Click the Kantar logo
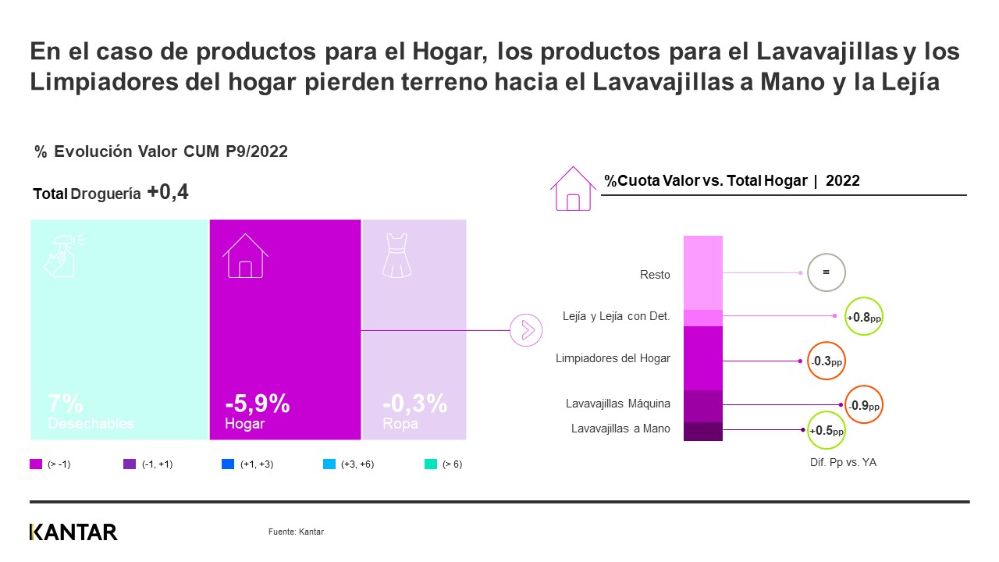tap(73, 532)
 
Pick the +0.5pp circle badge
tap(826, 430)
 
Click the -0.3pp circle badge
tap(826, 361)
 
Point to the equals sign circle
tap(826, 272)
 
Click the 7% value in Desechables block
tap(66, 404)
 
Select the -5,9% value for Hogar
tap(258, 404)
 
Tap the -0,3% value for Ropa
tap(414, 404)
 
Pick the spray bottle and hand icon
tap(62, 254)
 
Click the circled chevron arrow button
tap(525, 330)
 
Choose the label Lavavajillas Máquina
tap(617, 404)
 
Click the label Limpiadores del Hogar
tap(613, 358)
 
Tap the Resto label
tap(654, 274)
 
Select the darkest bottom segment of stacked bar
tap(702, 431)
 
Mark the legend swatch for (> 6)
tap(430, 464)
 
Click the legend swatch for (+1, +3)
tap(228, 464)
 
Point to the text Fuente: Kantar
tap(296, 532)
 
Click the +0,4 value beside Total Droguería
tap(168, 193)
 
